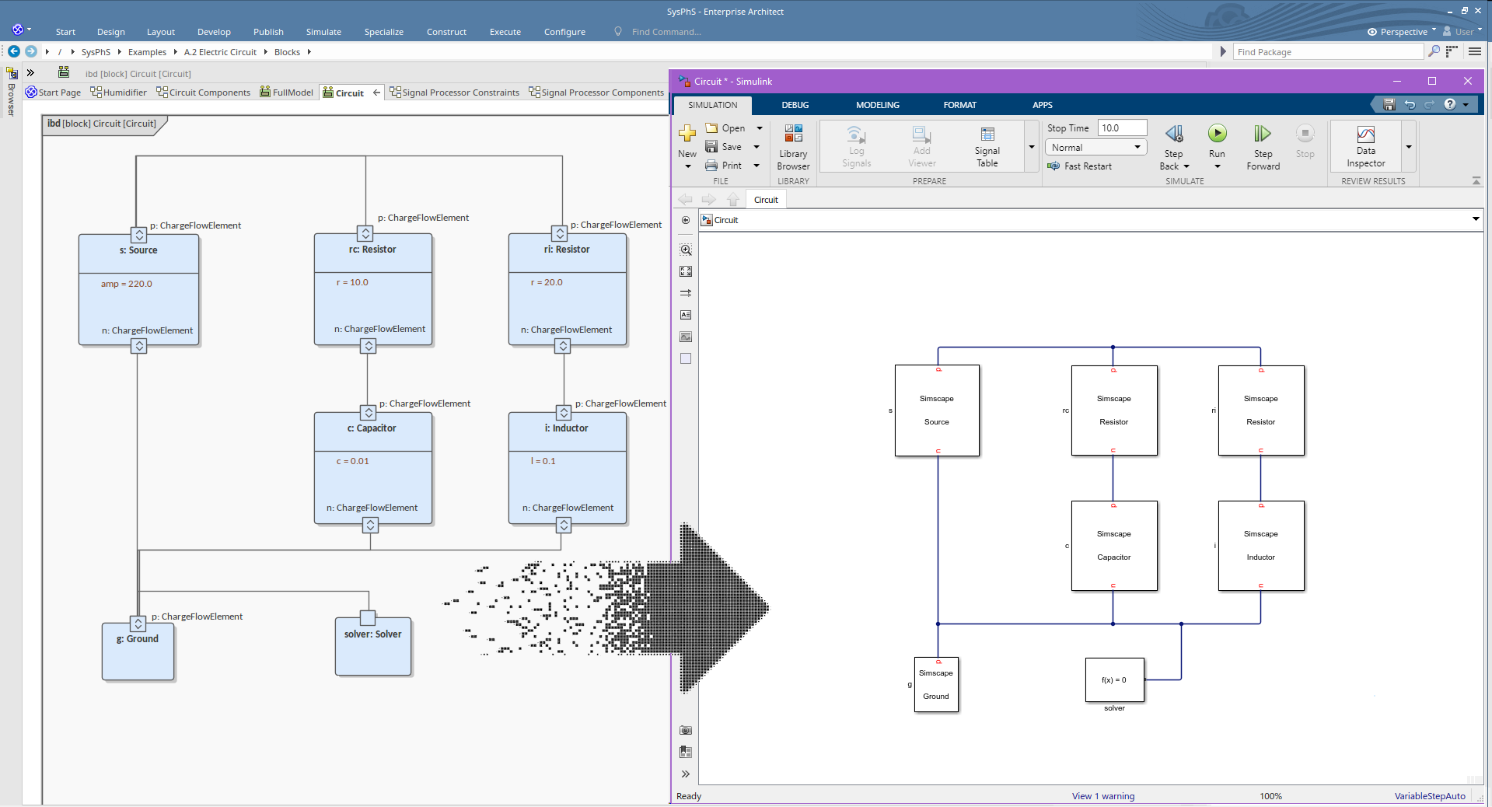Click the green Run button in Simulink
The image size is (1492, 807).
pos(1217,134)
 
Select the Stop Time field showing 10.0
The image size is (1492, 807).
pos(1122,128)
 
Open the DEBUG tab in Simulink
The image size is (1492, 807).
pos(795,105)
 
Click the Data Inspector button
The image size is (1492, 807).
pos(1365,146)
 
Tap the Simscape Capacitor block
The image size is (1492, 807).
pos(1113,546)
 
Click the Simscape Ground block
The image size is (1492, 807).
pos(936,684)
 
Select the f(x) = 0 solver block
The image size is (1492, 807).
pos(1114,680)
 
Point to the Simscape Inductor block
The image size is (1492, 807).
pos(1260,546)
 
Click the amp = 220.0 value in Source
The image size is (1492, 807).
pos(127,284)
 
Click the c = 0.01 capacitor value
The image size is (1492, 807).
pos(352,461)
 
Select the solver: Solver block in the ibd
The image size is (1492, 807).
pos(373,645)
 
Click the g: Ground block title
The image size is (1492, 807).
pos(138,639)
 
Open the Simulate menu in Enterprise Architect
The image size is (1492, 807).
pos(323,32)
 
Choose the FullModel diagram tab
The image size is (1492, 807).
pos(287,93)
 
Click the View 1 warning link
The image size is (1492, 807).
pos(1102,796)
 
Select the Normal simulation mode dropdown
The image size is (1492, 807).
pos(1095,148)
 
